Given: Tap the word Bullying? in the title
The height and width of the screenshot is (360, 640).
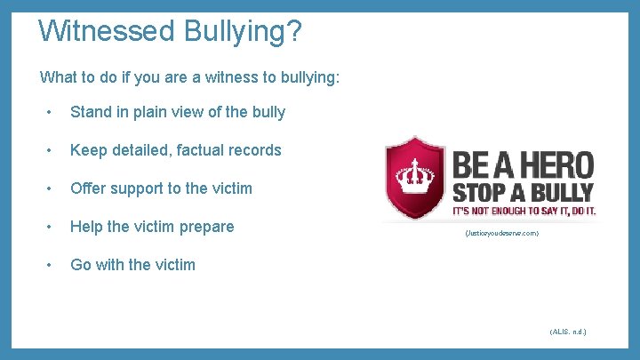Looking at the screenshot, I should [x=244, y=33].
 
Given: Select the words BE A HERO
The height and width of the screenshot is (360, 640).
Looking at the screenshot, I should [x=523, y=165].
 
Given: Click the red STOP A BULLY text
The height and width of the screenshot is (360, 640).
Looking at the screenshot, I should [x=524, y=193].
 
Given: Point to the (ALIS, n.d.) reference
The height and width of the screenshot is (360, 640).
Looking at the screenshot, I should [x=568, y=332].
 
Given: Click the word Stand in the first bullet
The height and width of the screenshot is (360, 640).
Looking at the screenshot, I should [x=90, y=112].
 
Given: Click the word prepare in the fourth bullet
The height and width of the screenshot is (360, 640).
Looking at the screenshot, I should [x=207, y=227].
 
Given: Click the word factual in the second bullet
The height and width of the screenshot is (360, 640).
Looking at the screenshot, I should [x=200, y=150].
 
